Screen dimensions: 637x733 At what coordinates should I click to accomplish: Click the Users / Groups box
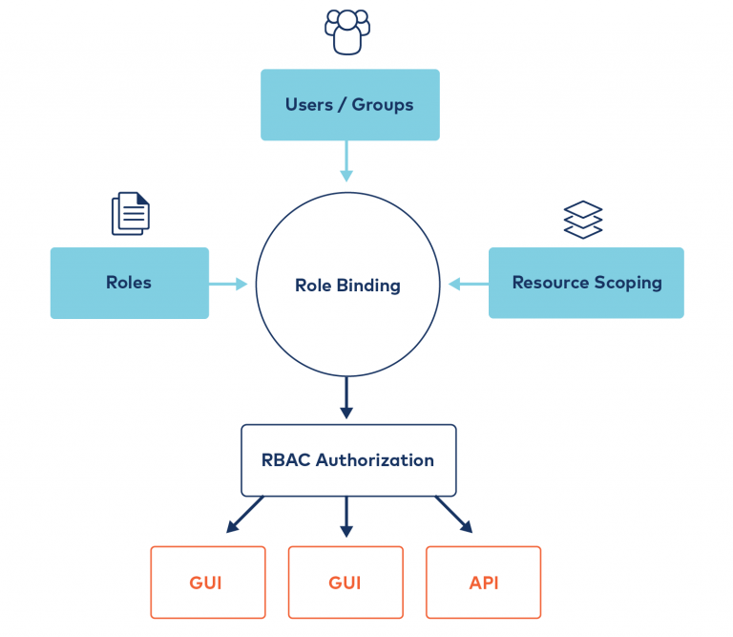click(349, 105)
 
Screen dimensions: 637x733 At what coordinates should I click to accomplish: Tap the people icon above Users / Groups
click(346, 32)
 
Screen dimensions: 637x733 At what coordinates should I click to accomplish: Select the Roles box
click(129, 283)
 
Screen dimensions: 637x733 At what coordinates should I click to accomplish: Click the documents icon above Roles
click(131, 213)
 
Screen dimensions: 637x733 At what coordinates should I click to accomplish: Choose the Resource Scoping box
click(586, 283)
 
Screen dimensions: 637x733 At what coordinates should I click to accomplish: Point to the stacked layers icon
click(582, 219)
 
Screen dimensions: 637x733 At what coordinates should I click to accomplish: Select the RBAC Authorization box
click(347, 460)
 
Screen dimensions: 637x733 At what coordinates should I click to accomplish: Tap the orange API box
click(483, 583)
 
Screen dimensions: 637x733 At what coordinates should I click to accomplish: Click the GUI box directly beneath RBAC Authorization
click(346, 583)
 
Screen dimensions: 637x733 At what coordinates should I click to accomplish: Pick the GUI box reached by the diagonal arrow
click(207, 583)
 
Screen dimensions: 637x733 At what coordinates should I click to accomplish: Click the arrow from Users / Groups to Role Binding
click(346, 160)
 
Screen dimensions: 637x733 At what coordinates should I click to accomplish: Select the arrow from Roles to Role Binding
click(228, 284)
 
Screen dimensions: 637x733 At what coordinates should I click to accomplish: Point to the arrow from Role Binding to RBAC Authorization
click(346, 397)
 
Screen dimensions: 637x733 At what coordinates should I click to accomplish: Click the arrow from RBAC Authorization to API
click(454, 514)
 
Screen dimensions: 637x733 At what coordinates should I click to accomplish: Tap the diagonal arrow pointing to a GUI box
click(244, 514)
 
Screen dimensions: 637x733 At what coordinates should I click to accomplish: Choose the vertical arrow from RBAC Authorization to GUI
click(346, 516)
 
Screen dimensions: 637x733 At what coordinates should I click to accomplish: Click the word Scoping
click(628, 283)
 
